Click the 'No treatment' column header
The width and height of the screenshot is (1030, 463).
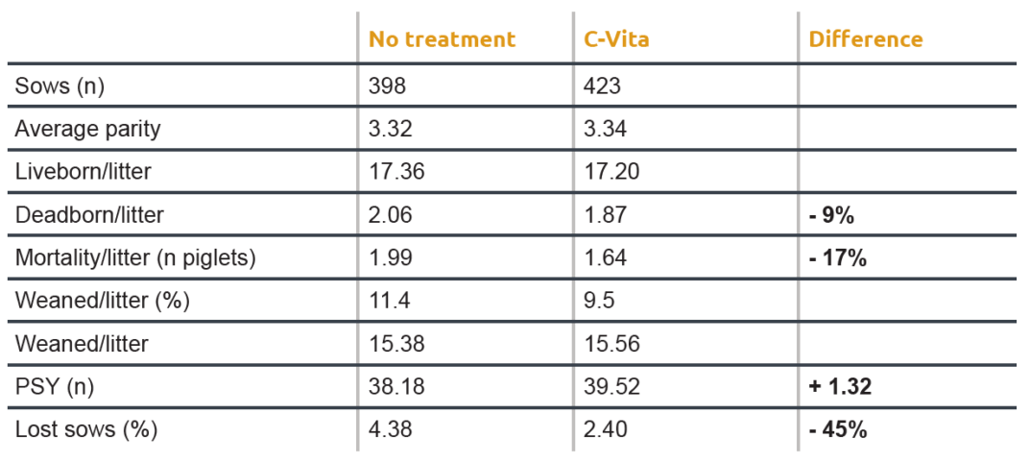pos(442,39)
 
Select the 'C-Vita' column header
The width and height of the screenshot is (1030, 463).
pos(616,39)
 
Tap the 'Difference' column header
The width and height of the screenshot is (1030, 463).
pos(865,39)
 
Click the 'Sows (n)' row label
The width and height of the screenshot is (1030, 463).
pos(60,86)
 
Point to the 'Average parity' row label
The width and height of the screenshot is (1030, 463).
pos(87,129)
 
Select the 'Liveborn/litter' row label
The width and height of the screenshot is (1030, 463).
pos(83,172)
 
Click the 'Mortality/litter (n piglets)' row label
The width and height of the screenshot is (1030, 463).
pos(134,257)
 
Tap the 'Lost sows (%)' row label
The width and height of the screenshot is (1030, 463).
pos(85,429)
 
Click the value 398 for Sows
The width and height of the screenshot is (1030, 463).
pos(388,86)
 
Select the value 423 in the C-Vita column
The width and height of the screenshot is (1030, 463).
pos(603,86)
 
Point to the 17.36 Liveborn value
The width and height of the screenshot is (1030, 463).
pos(396,172)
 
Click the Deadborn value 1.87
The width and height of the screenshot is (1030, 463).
pos(606,215)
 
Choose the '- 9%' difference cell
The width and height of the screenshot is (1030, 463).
pos(831,215)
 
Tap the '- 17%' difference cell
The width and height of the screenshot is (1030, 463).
pos(837,257)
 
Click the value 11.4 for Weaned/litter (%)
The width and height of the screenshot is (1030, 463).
pos(391,301)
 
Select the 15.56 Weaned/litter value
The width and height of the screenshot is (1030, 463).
pos(611,344)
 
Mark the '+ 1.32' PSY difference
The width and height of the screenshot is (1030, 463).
pos(840,387)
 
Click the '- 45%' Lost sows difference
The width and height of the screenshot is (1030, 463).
pos(837,429)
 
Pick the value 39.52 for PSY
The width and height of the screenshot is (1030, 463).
pos(611,387)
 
